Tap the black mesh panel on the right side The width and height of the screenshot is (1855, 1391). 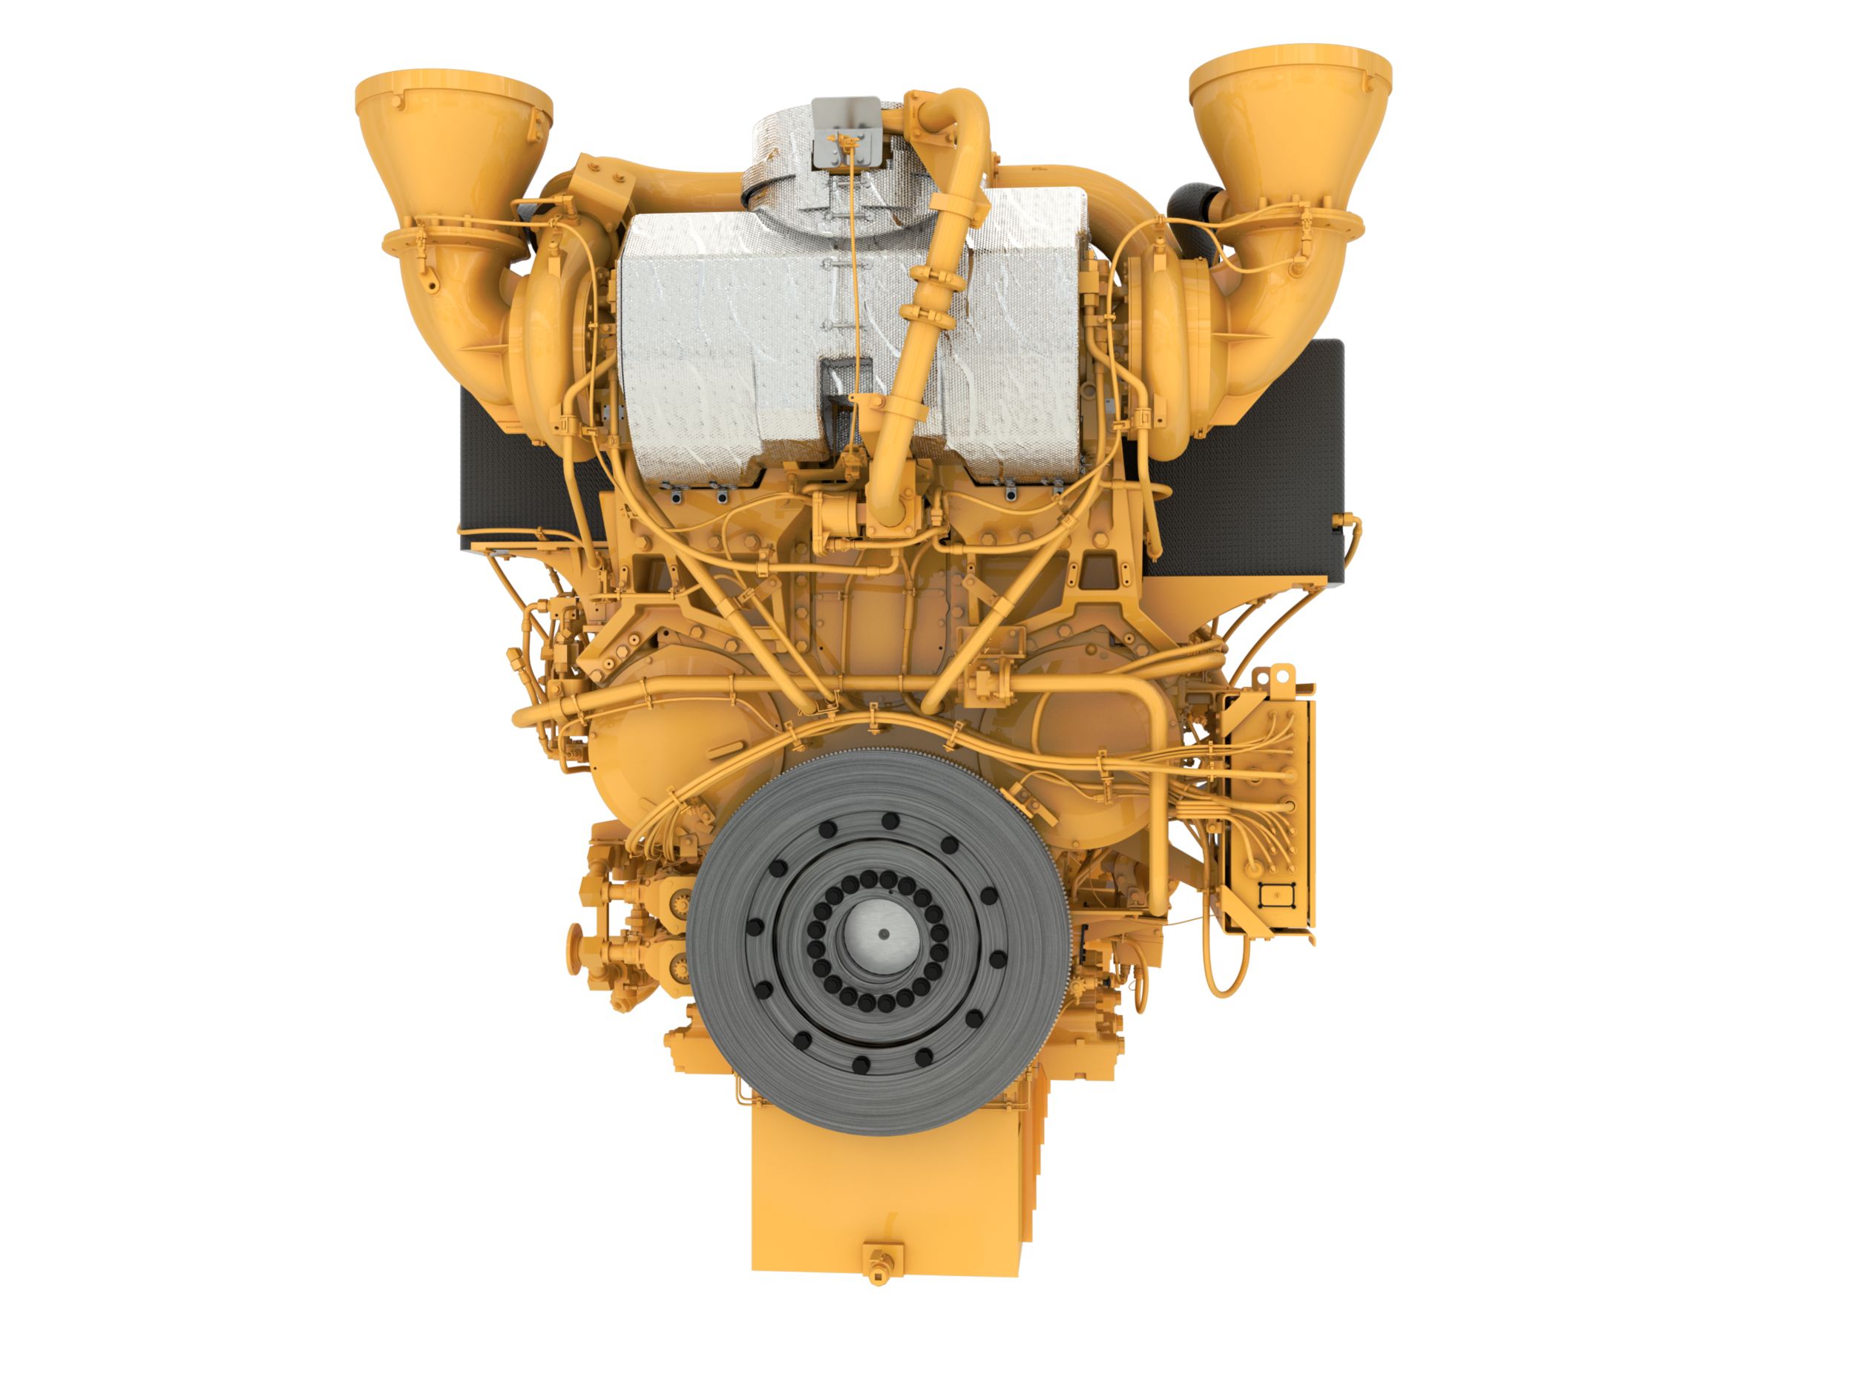[x=1258, y=453]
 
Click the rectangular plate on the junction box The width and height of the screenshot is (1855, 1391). [x=1275, y=896]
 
